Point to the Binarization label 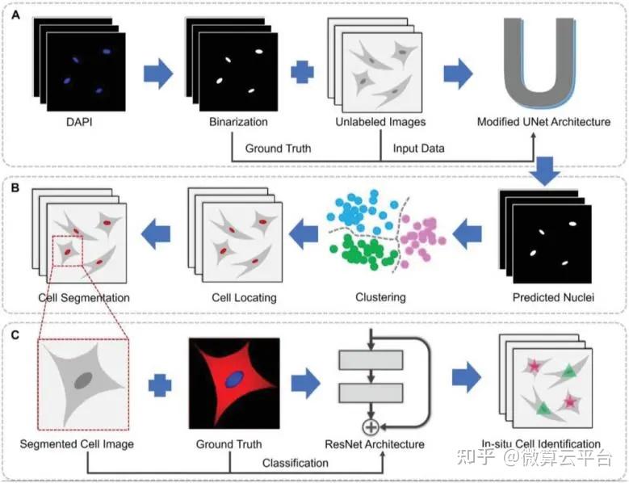[233, 123]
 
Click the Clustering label [380, 297]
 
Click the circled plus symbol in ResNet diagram [372, 426]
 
